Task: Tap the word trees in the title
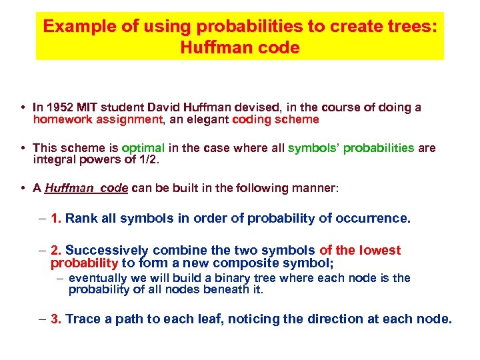410,27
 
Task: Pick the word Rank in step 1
81,218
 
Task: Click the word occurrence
377,218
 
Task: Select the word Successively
107,251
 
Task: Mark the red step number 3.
56,319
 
